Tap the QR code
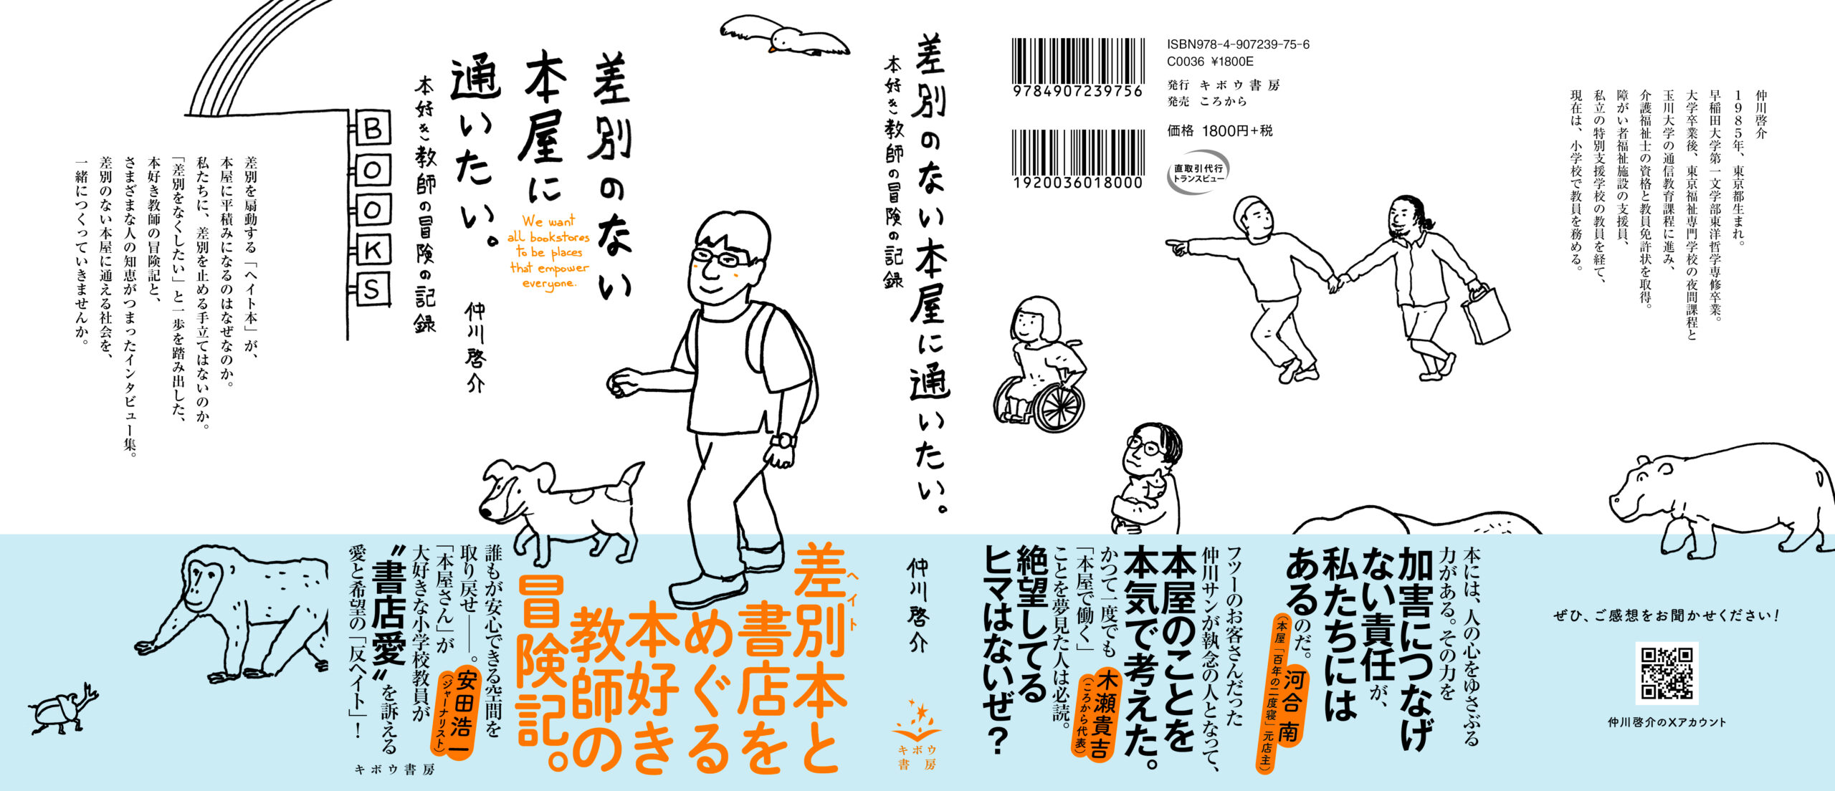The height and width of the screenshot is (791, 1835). coord(1667,673)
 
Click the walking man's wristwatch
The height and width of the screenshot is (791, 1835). coord(786,441)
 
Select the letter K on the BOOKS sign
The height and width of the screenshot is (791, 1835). coord(373,250)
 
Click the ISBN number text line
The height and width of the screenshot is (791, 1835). coord(1238,44)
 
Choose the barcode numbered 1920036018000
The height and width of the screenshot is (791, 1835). coord(1077,159)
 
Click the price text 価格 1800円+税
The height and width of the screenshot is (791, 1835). coord(1220,130)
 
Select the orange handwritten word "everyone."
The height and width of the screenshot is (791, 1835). coord(549,283)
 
